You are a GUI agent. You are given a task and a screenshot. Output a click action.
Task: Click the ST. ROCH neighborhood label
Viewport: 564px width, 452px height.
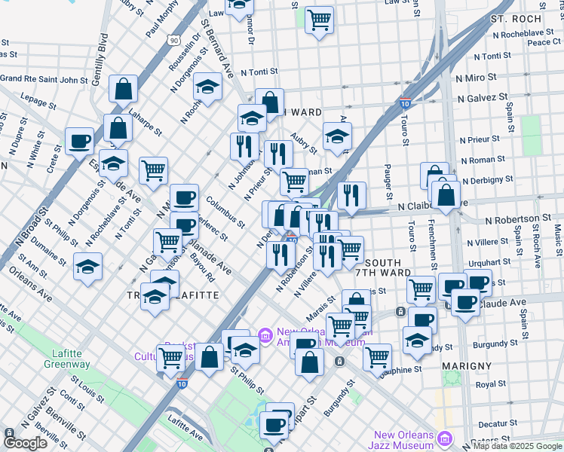(x=516, y=18)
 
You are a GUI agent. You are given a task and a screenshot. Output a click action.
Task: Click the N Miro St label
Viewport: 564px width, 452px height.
(x=475, y=77)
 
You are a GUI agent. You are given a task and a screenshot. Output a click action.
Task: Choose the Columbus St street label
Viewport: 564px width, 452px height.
(x=225, y=212)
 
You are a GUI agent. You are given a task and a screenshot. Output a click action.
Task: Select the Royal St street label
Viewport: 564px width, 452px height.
(x=490, y=384)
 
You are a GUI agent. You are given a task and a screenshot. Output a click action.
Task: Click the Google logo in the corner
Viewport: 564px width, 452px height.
(x=26, y=443)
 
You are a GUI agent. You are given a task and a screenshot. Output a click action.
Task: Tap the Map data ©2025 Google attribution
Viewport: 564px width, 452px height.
(x=517, y=446)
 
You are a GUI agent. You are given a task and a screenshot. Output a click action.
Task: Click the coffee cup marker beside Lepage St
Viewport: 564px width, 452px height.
(x=79, y=142)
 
